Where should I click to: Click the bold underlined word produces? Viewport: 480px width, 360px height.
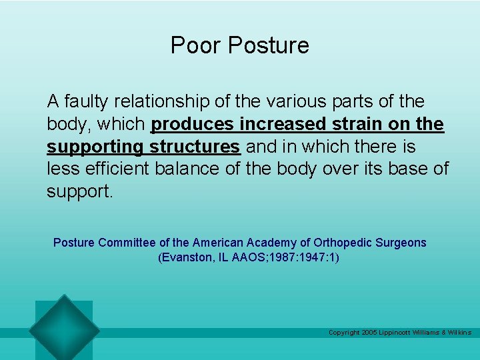193,125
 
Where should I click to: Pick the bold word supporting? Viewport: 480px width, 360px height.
95,147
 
